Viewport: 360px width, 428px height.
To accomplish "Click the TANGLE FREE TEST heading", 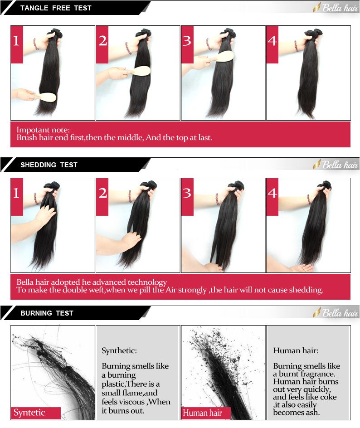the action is [x=56, y=8].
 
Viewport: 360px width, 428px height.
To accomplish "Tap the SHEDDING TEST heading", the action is [x=49, y=165].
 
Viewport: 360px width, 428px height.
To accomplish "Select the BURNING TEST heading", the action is [x=47, y=313].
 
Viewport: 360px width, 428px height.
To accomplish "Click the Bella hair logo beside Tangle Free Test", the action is [x=336, y=8].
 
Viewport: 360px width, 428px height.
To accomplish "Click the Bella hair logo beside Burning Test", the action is [x=336, y=313].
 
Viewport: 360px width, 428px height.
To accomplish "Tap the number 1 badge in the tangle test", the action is [x=17, y=44].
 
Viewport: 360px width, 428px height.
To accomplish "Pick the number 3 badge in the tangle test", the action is [x=187, y=44].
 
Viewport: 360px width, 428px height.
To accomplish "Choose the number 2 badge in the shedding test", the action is [x=102, y=197].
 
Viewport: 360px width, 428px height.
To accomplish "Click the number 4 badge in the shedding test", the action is [x=272, y=197].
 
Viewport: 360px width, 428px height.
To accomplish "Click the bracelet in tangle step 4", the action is [x=296, y=46].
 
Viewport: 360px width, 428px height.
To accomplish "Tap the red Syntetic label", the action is [x=36, y=413].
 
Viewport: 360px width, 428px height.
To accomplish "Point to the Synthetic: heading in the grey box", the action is [x=119, y=350].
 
